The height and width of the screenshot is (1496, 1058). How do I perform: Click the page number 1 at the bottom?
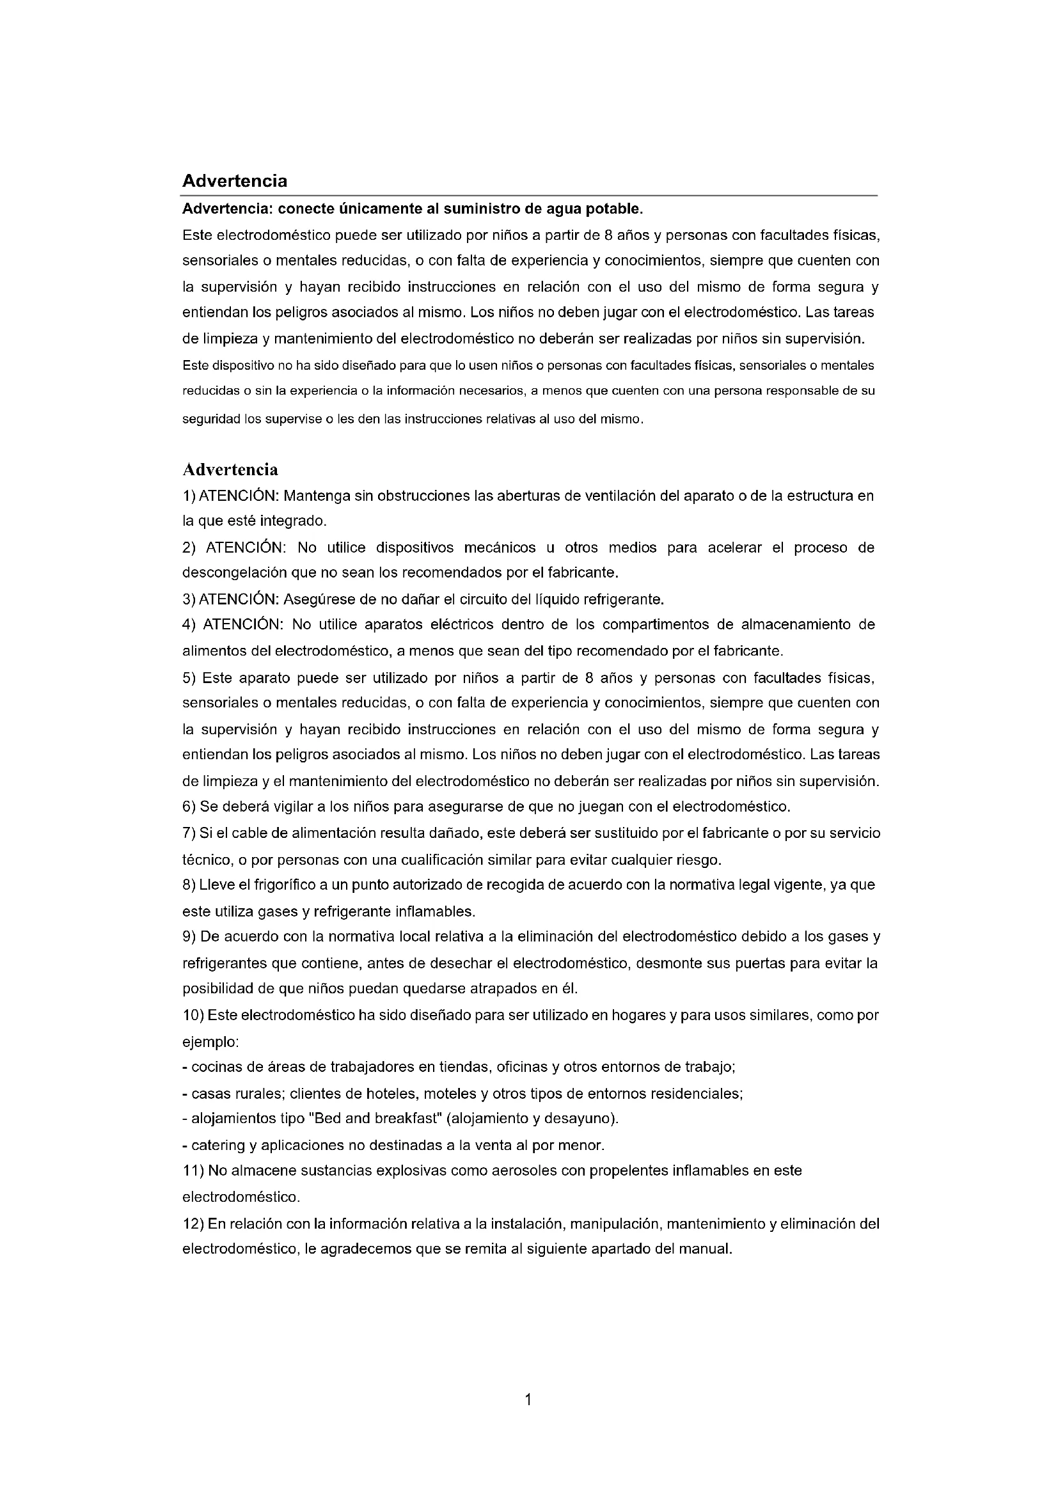tap(528, 1399)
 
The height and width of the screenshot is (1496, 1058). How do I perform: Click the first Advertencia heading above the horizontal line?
tap(235, 180)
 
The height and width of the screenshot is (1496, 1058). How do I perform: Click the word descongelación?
tap(233, 572)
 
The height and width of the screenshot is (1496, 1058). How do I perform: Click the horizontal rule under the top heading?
tap(529, 196)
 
